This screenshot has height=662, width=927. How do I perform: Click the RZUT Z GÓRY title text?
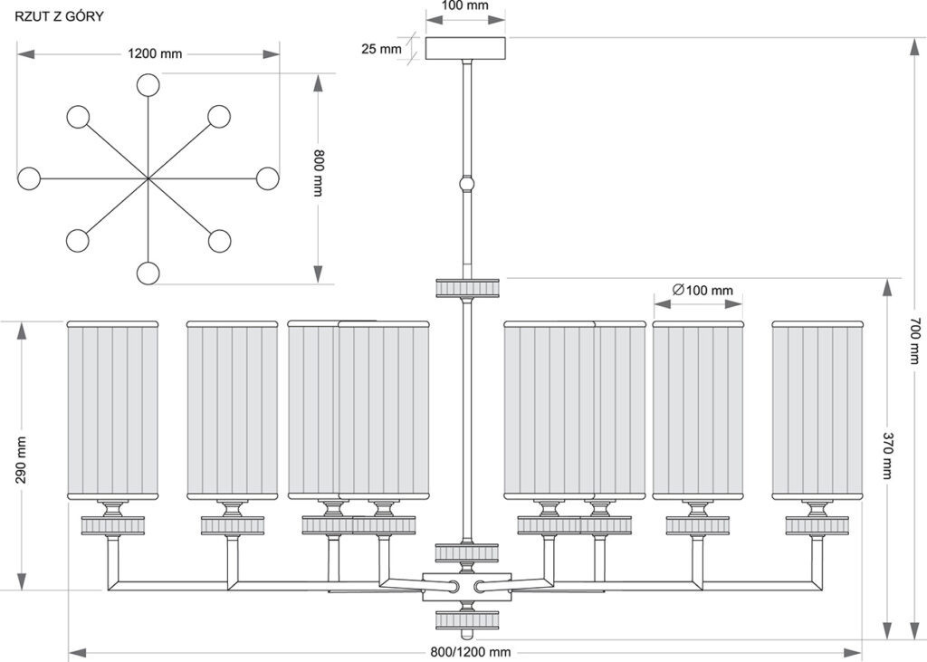tap(59, 16)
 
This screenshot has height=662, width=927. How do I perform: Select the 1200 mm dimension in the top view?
tap(155, 53)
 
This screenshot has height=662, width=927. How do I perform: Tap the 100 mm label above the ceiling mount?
tap(465, 6)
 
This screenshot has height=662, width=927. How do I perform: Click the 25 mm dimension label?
tap(381, 49)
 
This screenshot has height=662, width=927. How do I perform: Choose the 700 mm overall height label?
tap(914, 341)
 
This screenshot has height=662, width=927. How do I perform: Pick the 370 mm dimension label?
tap(887, 456)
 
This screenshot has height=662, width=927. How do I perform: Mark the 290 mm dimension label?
tap(22, 460)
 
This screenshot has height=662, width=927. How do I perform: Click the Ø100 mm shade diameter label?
tap(702, 290)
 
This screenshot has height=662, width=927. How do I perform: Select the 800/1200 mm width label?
tap(471, 652)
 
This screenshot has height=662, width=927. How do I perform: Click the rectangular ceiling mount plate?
tap(466, 49)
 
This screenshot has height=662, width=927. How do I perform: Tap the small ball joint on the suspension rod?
tap(467, 184)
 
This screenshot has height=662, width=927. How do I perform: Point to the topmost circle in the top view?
tap(148, 85)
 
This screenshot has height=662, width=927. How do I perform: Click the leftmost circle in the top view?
tap(29, 178)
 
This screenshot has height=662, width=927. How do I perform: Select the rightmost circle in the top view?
tap(267, 178)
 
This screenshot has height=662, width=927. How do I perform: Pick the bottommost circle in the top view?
tap(148, 273)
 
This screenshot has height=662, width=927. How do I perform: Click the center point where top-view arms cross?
tap(148, 178)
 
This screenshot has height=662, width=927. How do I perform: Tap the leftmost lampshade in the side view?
tap(112, 410)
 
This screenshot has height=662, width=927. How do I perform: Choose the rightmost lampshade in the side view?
tap(817, 410)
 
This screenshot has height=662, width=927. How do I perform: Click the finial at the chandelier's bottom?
tap(467, 634)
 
